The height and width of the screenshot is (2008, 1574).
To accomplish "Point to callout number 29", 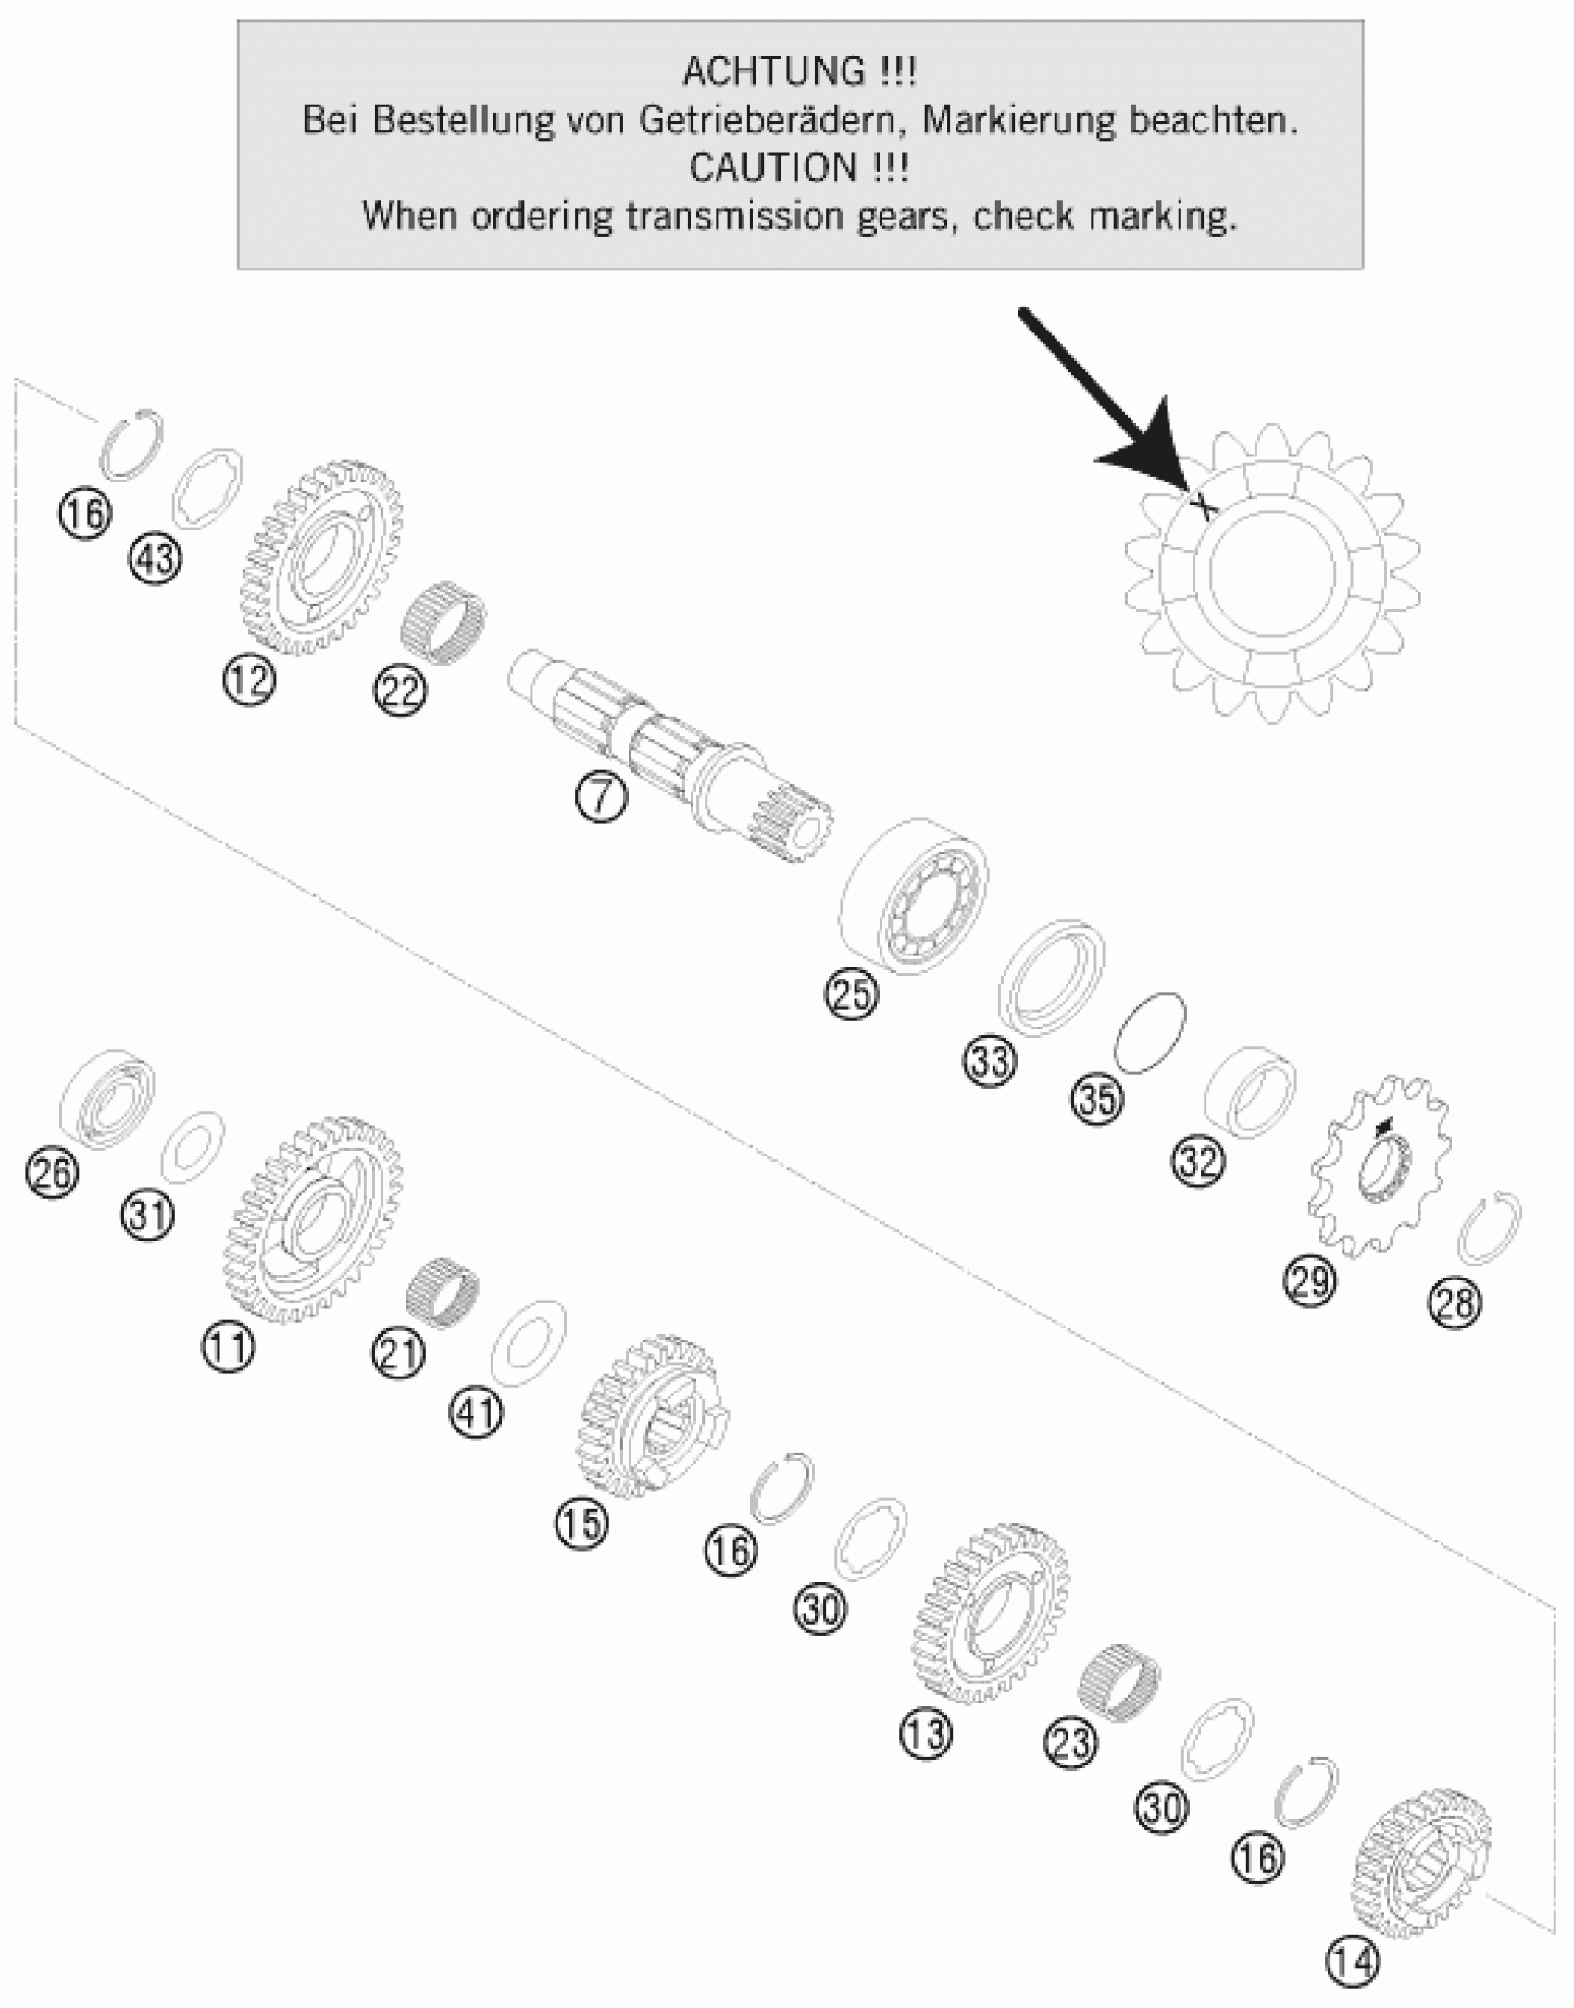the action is pyautogui.click(x=1309, y=1282).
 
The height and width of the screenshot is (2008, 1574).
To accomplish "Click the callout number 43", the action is pyautogui.click(x=156, y=559).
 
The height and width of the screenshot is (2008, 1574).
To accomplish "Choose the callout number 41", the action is pyautogui.click(x=477, y=1414).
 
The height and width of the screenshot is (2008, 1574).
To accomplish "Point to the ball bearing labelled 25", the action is pyautogui.click(x=912, y=896).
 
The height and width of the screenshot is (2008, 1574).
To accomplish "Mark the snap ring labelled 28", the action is pyautogui.click(x=1489, y=1228).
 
